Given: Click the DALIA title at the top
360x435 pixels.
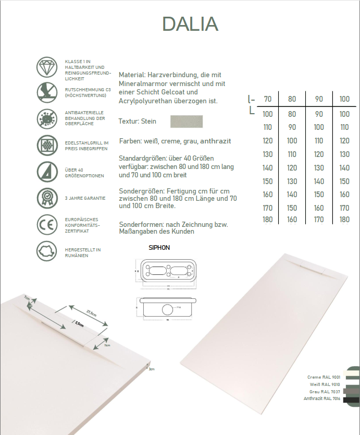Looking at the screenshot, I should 190,24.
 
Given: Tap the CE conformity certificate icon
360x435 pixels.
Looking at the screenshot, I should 46,225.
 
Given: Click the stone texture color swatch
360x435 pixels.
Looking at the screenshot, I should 187,121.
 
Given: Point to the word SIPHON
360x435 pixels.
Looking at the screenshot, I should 159,248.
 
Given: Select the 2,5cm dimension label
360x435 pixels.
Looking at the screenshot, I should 79,323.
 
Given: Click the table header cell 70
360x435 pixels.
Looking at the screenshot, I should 268,99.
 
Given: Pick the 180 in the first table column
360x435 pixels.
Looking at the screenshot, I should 268,220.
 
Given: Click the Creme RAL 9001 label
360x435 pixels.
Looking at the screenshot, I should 325,377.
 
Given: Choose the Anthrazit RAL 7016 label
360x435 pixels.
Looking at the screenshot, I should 321,398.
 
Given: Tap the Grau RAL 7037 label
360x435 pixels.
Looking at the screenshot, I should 325,391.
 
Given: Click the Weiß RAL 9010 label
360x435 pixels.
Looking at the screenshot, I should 326,384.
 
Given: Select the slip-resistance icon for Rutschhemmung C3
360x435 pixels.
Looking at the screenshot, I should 46,93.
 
